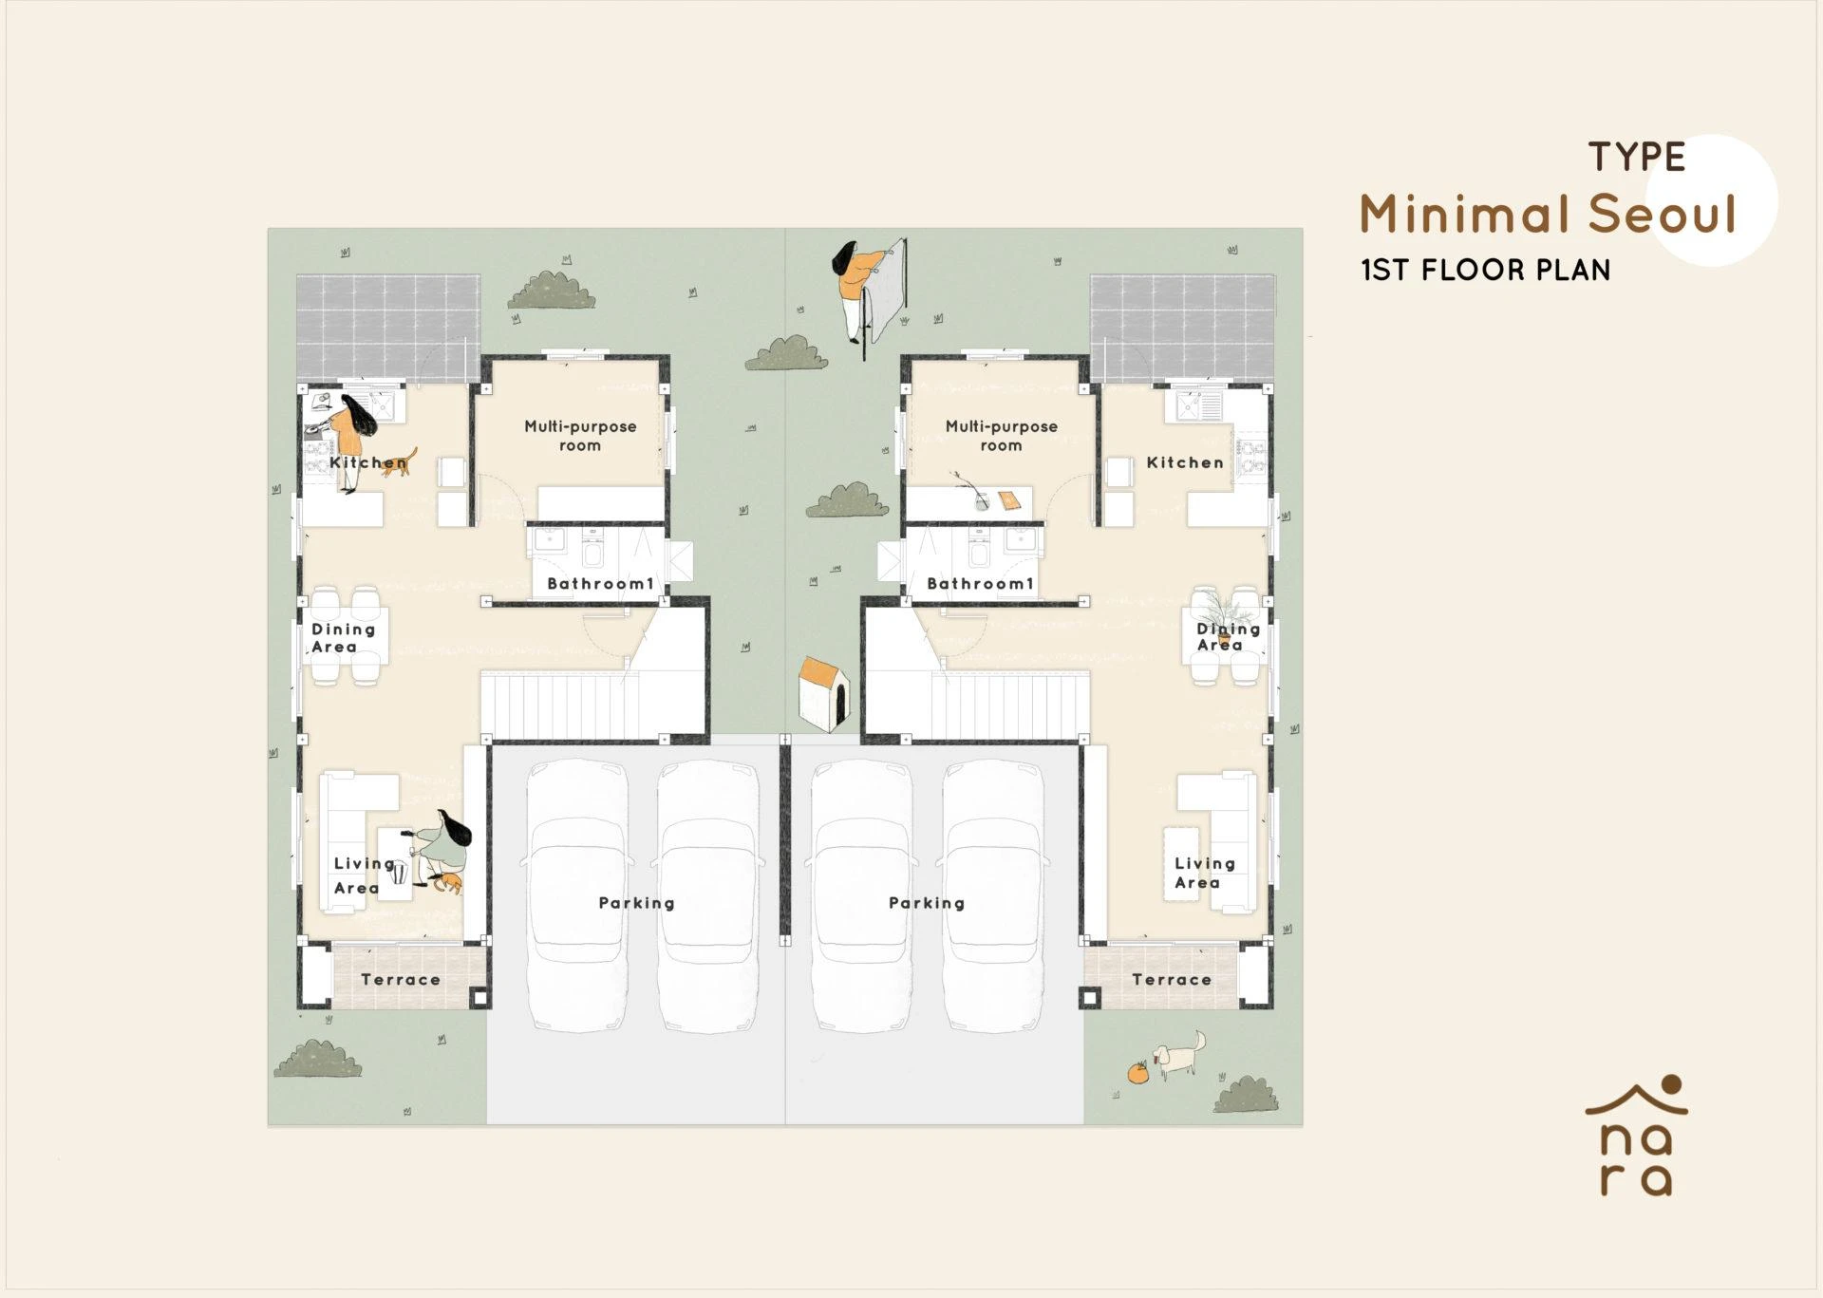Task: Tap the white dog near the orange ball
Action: [x=1178, y=1055]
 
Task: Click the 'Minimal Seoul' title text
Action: [x=1548, y=214]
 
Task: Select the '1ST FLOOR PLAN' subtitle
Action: [x=1486, y=271]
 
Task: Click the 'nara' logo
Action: [x=1636, y=1137]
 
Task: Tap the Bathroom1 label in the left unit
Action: [x=601, y=584]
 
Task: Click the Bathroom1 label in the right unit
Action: [x=980, y=584]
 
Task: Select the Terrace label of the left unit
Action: [x=401, y=980]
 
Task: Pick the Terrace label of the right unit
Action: [x=1172, y=980]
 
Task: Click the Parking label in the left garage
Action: [x=637, y=903]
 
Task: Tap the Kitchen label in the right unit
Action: [x=1185, y=462]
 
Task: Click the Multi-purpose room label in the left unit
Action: [x=580, y=436]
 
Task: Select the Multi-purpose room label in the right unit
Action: [x=1002, y=436]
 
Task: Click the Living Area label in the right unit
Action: [x=1205, y=873]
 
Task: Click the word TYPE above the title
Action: [x=1637, y=158]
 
